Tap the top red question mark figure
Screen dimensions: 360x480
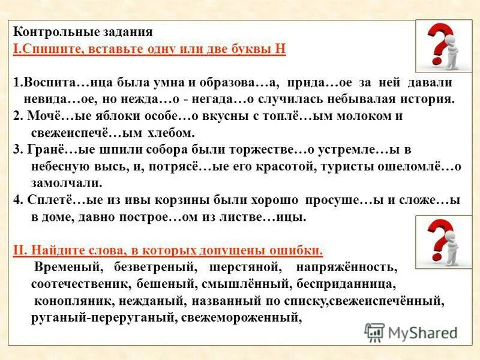click(444, 47)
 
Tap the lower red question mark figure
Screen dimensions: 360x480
click(445, 241)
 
